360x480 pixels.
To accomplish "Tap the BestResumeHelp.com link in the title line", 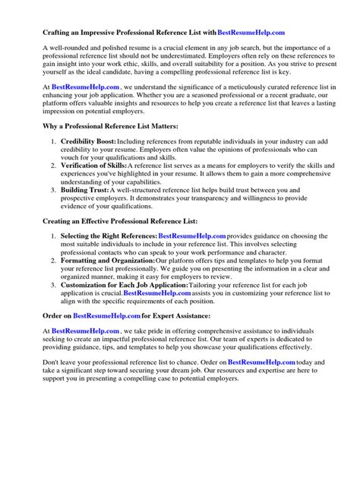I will tap(251, 32).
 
